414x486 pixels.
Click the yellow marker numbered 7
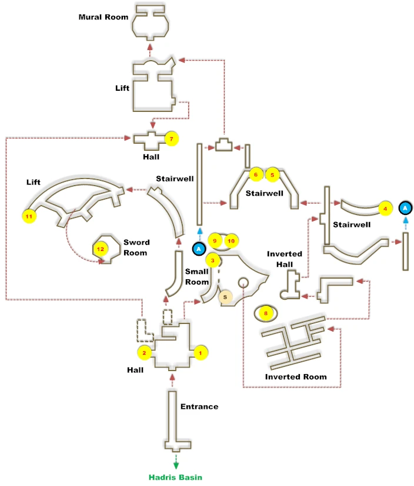pyautogui.click(x=171, y=139)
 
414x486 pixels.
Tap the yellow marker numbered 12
pyautogui.click(x=100, y=249)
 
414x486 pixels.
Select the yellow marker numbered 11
pyautogui.click(x=28, y=216)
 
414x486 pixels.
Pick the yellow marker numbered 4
pyautogui.click(x=385, y=208)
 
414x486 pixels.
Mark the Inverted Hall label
pyautogui.click(x=285, y=259)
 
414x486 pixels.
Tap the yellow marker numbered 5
pyautogui.click(x=272, y=174)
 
